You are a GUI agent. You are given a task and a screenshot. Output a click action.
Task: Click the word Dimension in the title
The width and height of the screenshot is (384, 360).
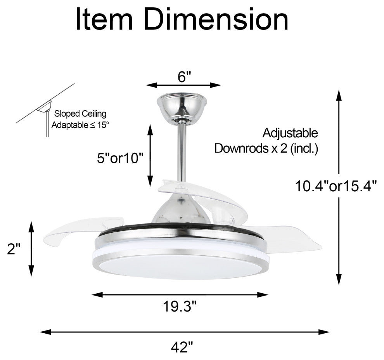click(x=216, y=19)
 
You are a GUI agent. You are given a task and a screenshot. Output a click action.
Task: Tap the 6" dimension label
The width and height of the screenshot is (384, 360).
click(x=184, y=77)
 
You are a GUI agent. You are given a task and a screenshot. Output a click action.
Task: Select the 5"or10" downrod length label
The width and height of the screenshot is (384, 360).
click(x=120, y=158)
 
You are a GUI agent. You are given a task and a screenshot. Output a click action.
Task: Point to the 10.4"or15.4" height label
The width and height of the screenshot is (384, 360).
click(x=336, y=186)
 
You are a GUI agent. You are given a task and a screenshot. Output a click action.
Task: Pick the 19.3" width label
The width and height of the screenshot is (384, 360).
click(x=180, y=306)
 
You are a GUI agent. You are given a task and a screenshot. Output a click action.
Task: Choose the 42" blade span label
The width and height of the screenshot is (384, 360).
click(x=182, y=347)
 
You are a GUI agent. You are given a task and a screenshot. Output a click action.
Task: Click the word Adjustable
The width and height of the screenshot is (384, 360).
click(x=290, y=133)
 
